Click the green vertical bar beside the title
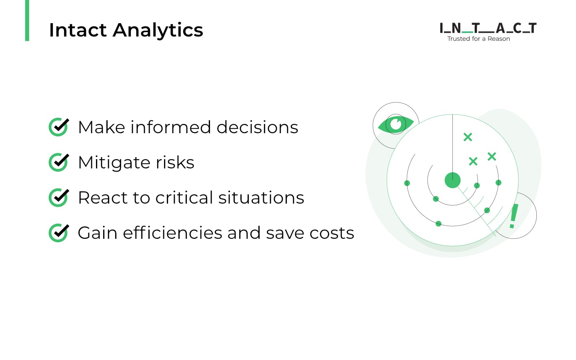pos(27,20)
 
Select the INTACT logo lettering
pos(488,28)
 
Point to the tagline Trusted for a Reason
pos(478,39)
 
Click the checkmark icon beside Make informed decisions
pos(59,127)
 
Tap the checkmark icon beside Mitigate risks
pos(59,162)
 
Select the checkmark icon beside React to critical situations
pos(59,198)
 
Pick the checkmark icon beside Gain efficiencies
pos(59,233)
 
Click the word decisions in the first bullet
pos(257,128)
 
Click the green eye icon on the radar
pos(396,124)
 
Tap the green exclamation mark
pos(514,216)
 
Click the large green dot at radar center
pos(452,180)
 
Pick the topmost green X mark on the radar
pos(468,137)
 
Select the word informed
pos(170,128)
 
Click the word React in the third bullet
pos(102,198)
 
